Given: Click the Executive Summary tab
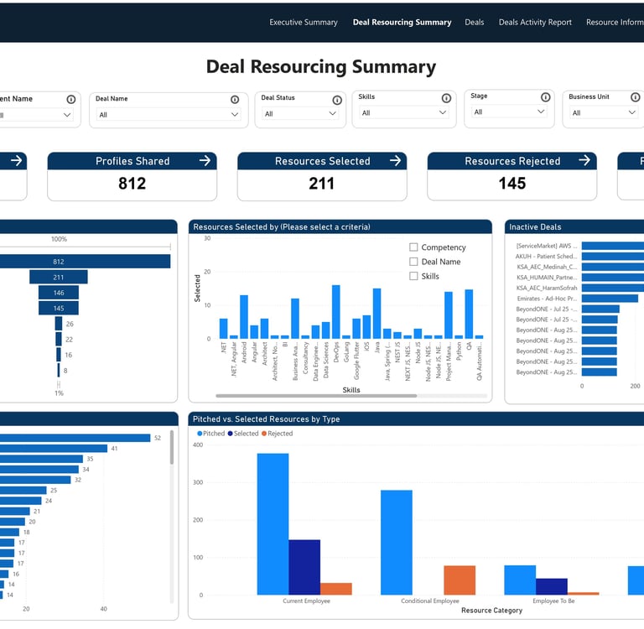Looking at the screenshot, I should click(x=303, y=23).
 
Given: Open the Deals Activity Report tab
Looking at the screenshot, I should click(x=534, y=23).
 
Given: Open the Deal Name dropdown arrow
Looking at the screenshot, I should click(x=235, y=115).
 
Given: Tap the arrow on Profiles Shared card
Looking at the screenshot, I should click(x=205, y=161).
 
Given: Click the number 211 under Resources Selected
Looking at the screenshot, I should click(x=322, y=184).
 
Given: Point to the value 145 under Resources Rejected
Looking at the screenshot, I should click(x=512, y=184).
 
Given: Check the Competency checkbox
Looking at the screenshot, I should click(x=413, y=247).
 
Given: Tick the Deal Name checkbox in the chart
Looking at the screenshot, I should click(x=413, y=262).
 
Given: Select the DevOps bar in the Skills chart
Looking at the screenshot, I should click(x=336, y=312).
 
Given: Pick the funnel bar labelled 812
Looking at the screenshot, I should click(x=85, y=262).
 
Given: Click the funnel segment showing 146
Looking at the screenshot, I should click(x=59, y=293).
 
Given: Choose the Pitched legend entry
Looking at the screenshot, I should click(x=211, y=434).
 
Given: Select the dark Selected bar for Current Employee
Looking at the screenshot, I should click(x=304, y=567).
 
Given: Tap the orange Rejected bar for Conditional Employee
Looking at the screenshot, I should click(x=460, y=580).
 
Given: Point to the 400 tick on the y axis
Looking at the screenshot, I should click(x=198, y=444).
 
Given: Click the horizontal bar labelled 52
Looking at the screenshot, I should click(x=75, y=438).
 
